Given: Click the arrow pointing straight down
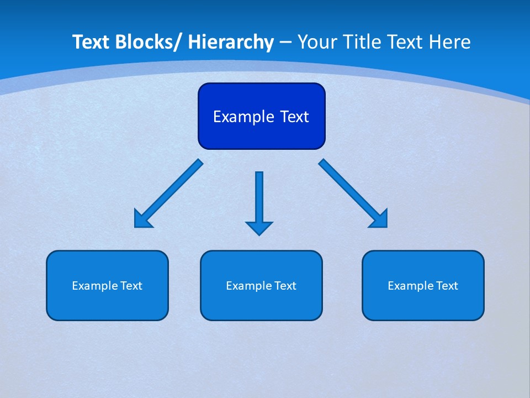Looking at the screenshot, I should [x=259, y=199].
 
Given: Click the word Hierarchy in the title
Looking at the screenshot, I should [x=231, y=42].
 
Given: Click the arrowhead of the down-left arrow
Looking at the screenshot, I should [x=142, y=219].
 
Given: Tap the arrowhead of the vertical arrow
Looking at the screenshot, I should [x=259, y=227].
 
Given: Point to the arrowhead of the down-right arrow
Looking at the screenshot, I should [x=379, y=219].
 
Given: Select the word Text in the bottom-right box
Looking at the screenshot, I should [x=447, y=286].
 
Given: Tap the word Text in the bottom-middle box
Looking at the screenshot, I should [x=285, y=286].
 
